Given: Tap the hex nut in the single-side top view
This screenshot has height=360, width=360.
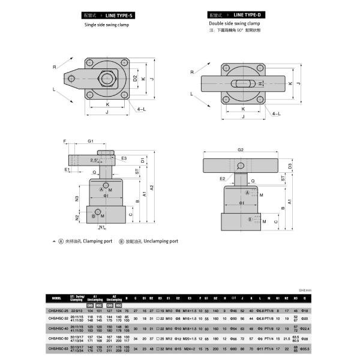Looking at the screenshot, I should [x=109, y=77].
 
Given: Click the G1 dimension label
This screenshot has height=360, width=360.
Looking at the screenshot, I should [x=91, y=141].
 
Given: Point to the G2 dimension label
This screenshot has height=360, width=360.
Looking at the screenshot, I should [x=240, y=149].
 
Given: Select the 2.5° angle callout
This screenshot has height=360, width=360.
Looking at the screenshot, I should [x=94, y=160].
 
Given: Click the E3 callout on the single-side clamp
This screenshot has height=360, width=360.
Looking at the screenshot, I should [x=123, y=158].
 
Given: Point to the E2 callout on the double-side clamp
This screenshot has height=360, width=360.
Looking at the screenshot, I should [x=222, y=178].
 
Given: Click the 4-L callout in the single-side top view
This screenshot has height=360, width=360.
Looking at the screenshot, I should [x=141, y=110].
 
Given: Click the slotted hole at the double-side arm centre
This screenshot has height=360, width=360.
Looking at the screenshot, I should [x=242, y=83].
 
